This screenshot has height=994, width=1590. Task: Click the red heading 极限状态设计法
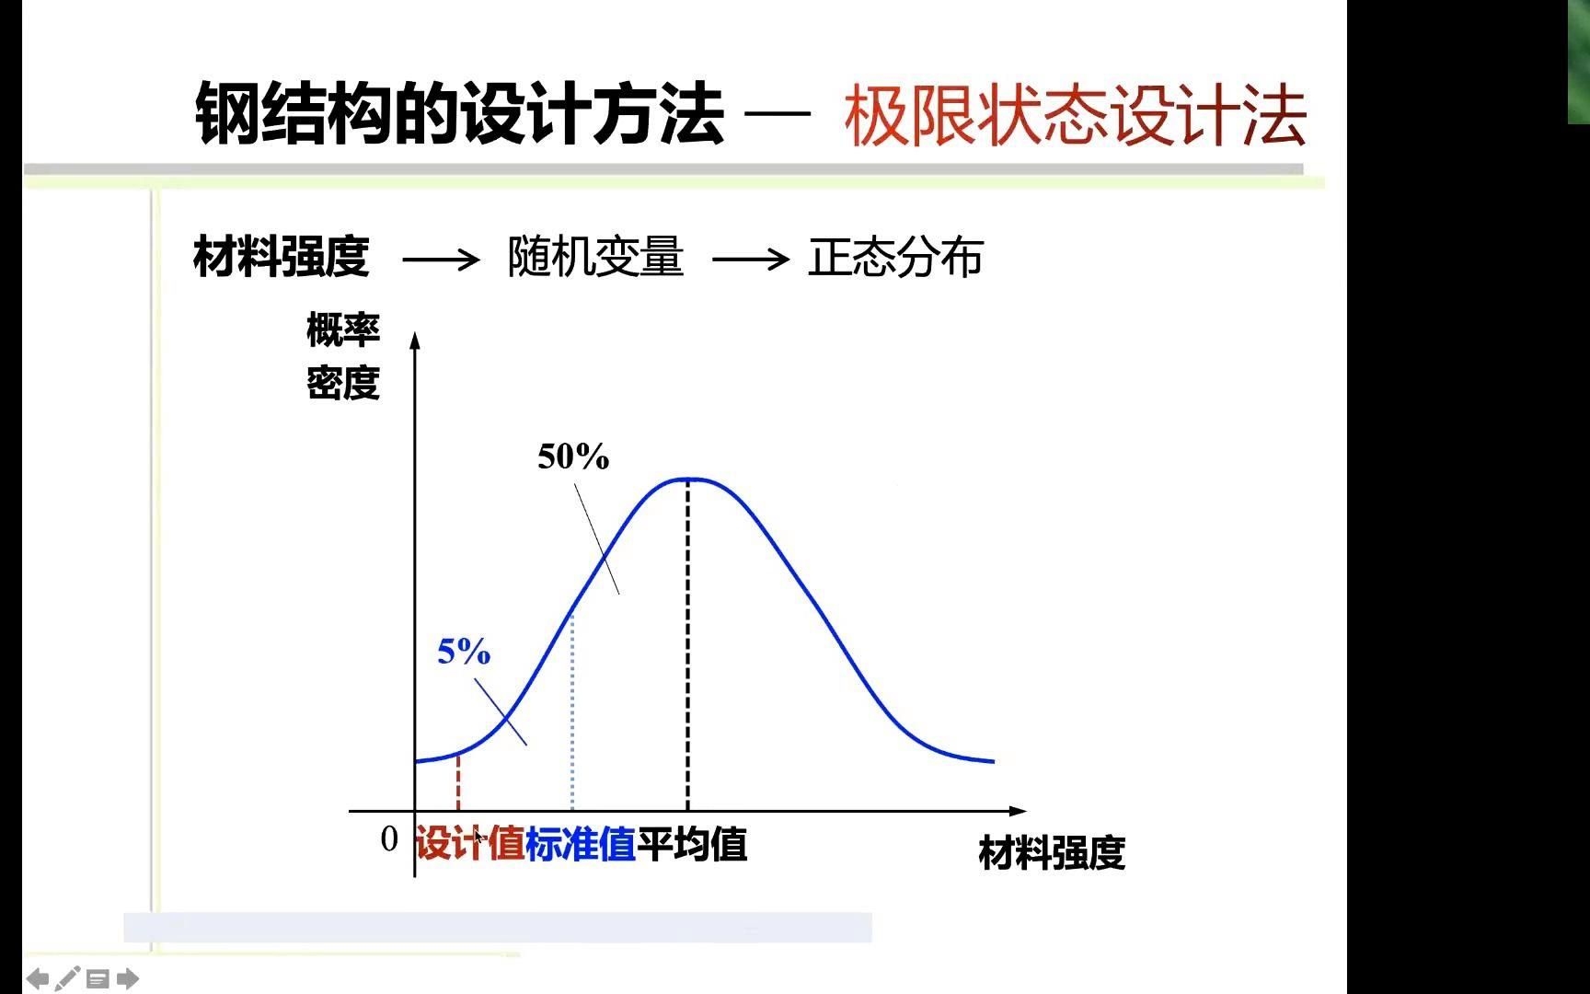point(1075,116)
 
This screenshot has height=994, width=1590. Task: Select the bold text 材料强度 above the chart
point(282,257)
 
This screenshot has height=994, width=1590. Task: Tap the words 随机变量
point(595,257)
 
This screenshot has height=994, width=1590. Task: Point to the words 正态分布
point(895,257)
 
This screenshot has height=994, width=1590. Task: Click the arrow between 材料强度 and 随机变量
point(441,260)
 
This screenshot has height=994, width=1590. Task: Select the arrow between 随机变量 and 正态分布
point(750,260)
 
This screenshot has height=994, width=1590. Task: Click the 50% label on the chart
point(573,457)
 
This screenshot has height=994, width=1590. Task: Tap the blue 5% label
point(464,652)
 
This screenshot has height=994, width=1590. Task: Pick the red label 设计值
point(470,844)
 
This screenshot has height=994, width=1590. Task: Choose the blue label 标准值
point(581,844)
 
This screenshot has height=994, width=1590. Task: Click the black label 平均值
point(692,844)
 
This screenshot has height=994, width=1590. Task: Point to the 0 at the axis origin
point(389,838)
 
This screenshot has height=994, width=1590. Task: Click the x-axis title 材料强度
point(1051,852)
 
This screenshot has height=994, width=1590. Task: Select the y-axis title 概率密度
point(343,356)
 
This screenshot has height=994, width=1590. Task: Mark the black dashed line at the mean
point(687,644)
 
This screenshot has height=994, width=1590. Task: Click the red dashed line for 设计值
point(458,782)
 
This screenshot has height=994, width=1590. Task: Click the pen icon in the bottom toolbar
point(67,978)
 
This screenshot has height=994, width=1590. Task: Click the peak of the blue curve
point(688,479)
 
